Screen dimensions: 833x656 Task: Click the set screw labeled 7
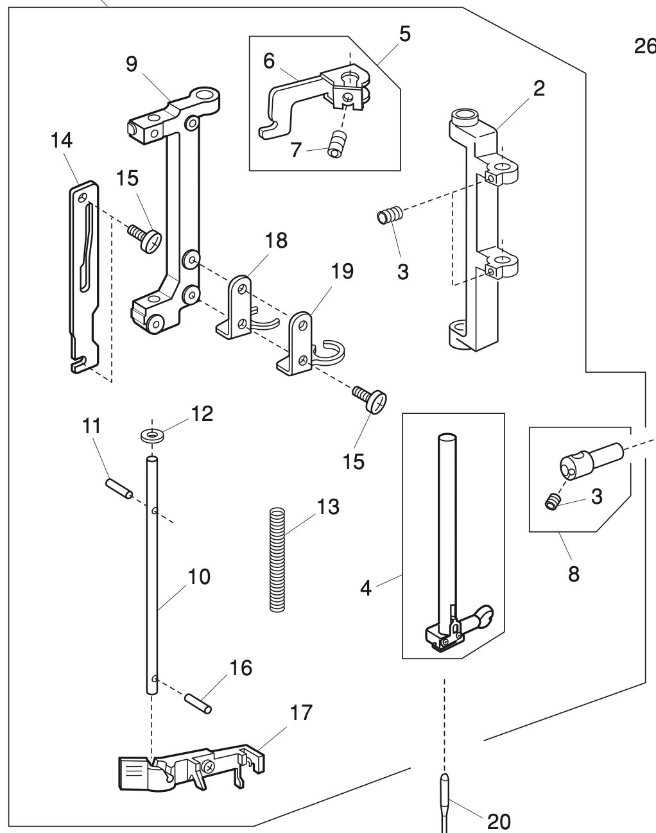(x=334, y=144)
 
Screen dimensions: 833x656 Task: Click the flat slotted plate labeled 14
(x=84, y=276)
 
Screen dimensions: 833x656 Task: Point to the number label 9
(x=132, y=65)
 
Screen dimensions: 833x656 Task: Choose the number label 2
(x=539, y=88)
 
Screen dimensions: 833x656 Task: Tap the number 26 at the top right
(x=644, y=47)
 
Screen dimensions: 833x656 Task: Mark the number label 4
(x=366, y=588)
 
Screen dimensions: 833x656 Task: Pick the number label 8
(x=573, y=573)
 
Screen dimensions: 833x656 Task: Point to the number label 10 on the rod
(x=199, y=576)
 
